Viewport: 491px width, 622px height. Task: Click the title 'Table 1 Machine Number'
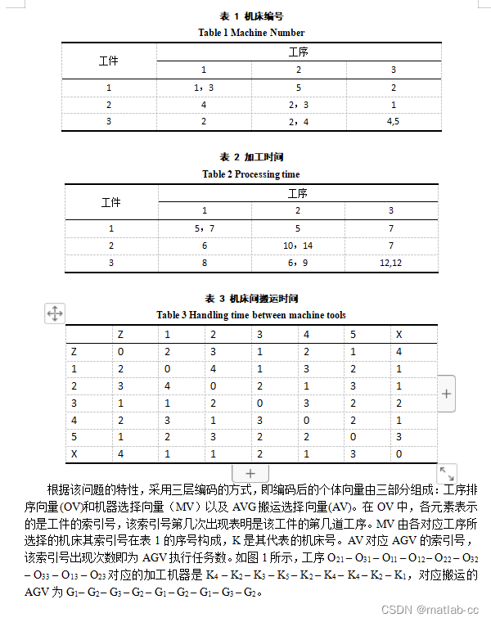(x=251, y=33)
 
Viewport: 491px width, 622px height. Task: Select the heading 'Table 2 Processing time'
(x=251, y=174)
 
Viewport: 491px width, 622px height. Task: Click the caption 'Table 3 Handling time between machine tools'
(x=251, y=315)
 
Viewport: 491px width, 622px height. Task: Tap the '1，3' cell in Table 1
(x=203, y=88)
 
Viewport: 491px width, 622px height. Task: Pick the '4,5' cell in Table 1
(x=393, y=121)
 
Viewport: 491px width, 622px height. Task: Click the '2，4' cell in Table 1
(x=299, y=121)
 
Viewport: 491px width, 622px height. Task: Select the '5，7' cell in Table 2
(x=205, y=229)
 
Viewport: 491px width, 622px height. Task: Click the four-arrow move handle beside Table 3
(x=55, y=313)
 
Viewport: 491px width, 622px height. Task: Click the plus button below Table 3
(x=250, y=474)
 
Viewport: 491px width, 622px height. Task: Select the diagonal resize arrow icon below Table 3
(x=447, y=473)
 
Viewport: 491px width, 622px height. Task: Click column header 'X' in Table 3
(x=399, y=334)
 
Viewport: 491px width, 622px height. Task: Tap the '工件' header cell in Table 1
(x=108, y=61)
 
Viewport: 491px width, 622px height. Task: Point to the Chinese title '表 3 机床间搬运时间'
(x=251, y=299)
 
